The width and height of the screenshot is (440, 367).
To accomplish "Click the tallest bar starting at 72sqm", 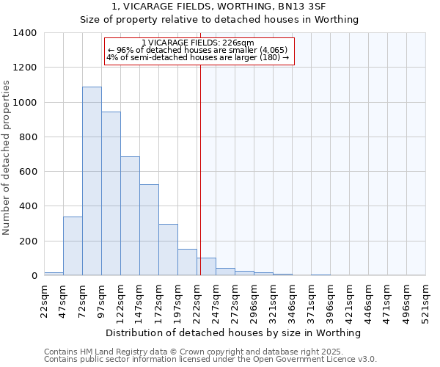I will (92, 181).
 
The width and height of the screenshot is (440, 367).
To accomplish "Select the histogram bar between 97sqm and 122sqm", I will (111, 194).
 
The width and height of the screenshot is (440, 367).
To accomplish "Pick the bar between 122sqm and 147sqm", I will (130, 216).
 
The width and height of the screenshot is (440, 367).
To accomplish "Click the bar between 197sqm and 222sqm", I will (187, 262).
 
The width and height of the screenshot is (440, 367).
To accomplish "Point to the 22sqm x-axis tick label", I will (45, 299).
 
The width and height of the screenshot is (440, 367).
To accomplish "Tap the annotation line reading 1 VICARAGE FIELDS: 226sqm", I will (198, 43).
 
